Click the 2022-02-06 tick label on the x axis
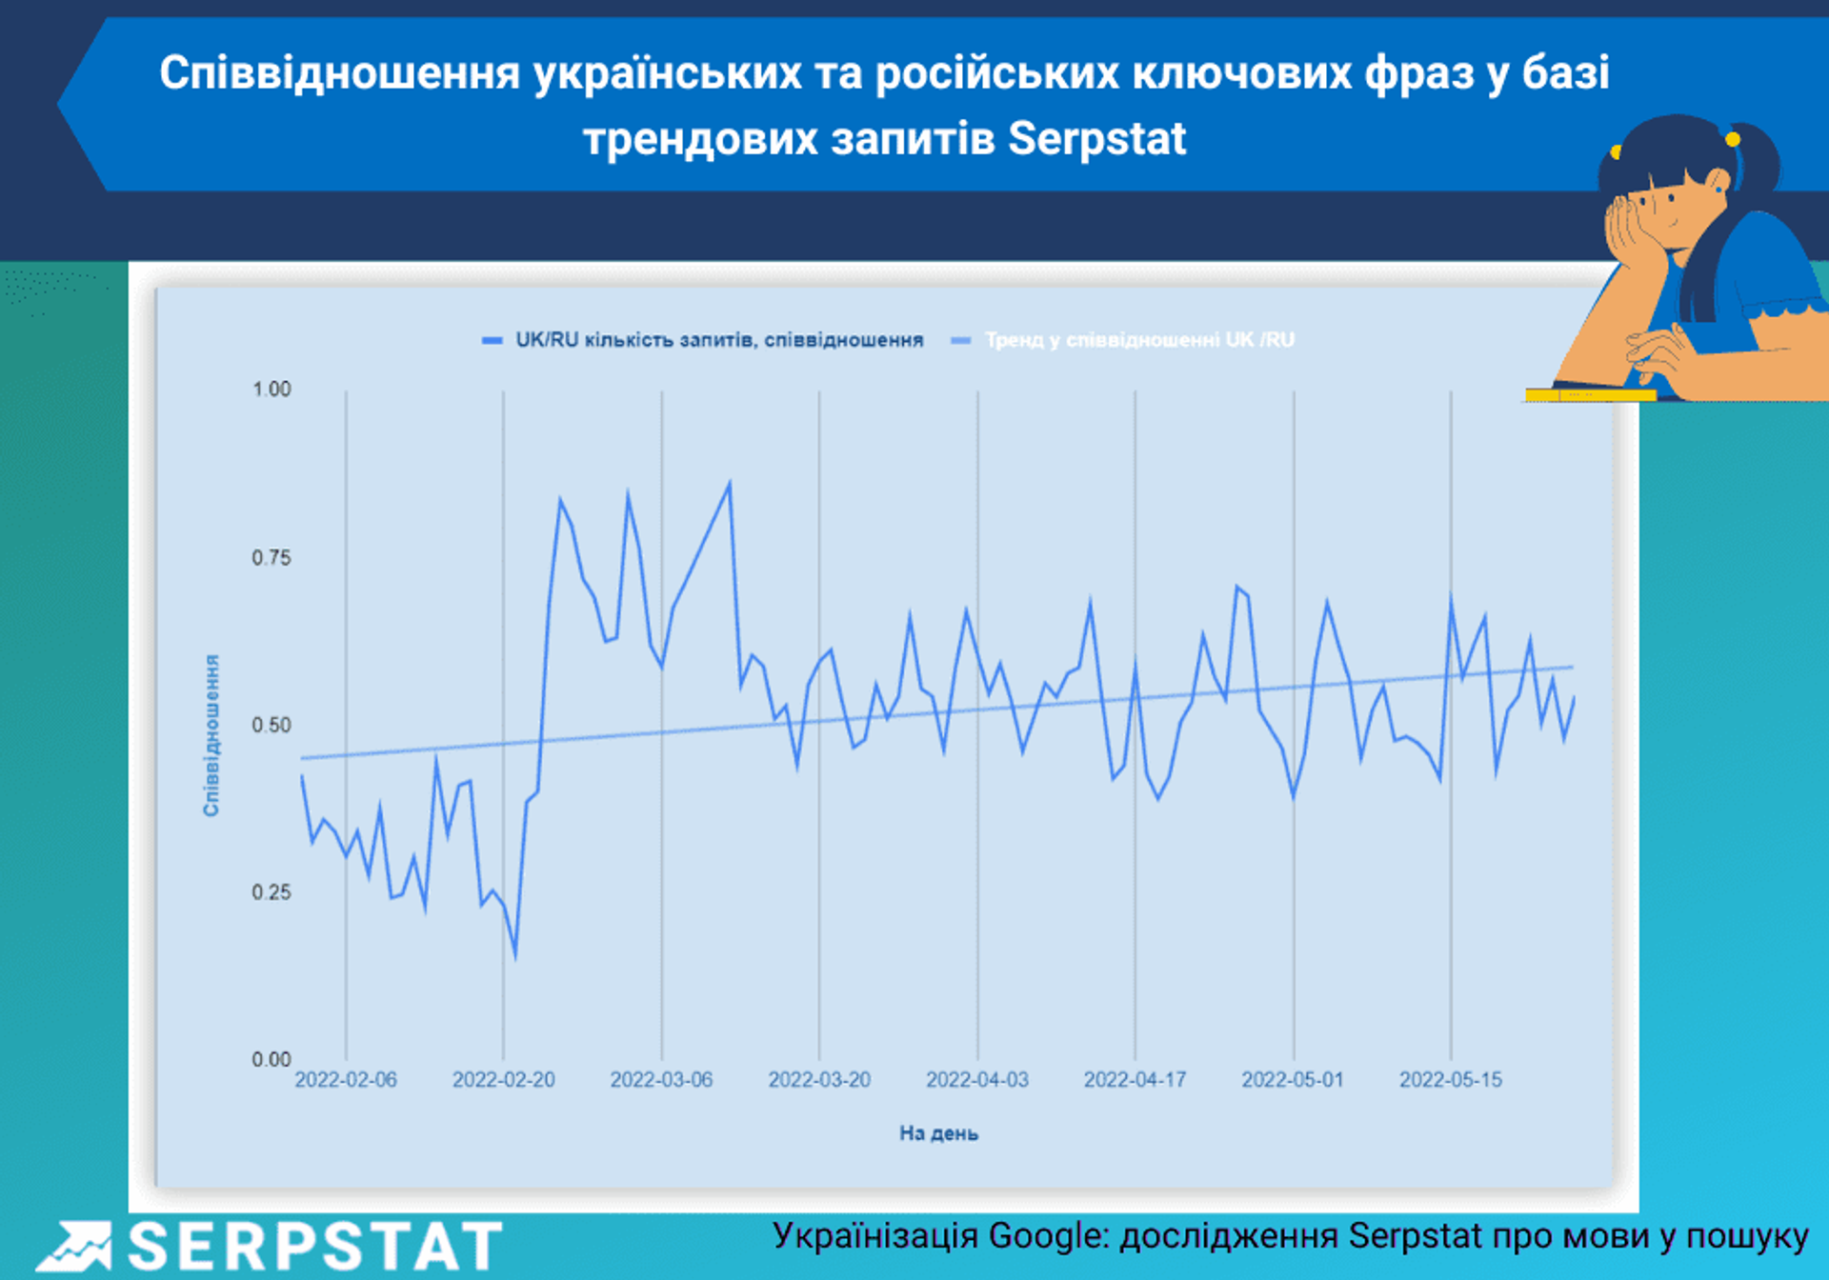coord(346,1080)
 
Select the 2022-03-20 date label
coord(819,1080)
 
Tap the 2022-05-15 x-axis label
coord(1450,1080)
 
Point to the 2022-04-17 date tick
coord(1135,1080)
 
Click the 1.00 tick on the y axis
coord(271,390)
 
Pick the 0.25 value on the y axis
coord(271,892)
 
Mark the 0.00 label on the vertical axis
coord(271,1060)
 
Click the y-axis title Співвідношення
coord(211,735)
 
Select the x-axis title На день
coord(938,1133)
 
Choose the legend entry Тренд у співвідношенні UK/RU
coord(1138,340)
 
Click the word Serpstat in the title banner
coord(1096,139)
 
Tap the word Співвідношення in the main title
coord(339,73)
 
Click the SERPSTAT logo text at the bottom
coord(314,1247)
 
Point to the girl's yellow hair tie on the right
coord(1733,140)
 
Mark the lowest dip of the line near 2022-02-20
coord(515,957)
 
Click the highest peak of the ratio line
coord(730,483)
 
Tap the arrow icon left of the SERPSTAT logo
coord(73,1247)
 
